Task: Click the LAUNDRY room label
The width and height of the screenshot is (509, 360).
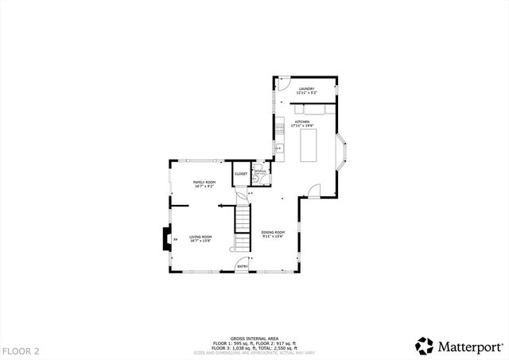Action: click(306, 88)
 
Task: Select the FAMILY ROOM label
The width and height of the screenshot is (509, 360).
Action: click(204, 182)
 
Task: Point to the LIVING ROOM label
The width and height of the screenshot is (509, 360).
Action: click(200, 237)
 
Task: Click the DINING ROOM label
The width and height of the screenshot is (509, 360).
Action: click(273, 232)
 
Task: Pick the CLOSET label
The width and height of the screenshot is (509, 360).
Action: click(240, 173)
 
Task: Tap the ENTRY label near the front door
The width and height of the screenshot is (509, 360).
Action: click(243, 266)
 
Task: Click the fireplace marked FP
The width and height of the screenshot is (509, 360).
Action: click(165, 238)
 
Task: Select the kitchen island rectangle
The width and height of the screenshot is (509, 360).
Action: click(309, 145)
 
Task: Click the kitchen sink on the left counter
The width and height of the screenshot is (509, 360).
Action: click(279, 148)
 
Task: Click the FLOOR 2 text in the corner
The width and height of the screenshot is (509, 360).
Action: click(20, 350)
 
